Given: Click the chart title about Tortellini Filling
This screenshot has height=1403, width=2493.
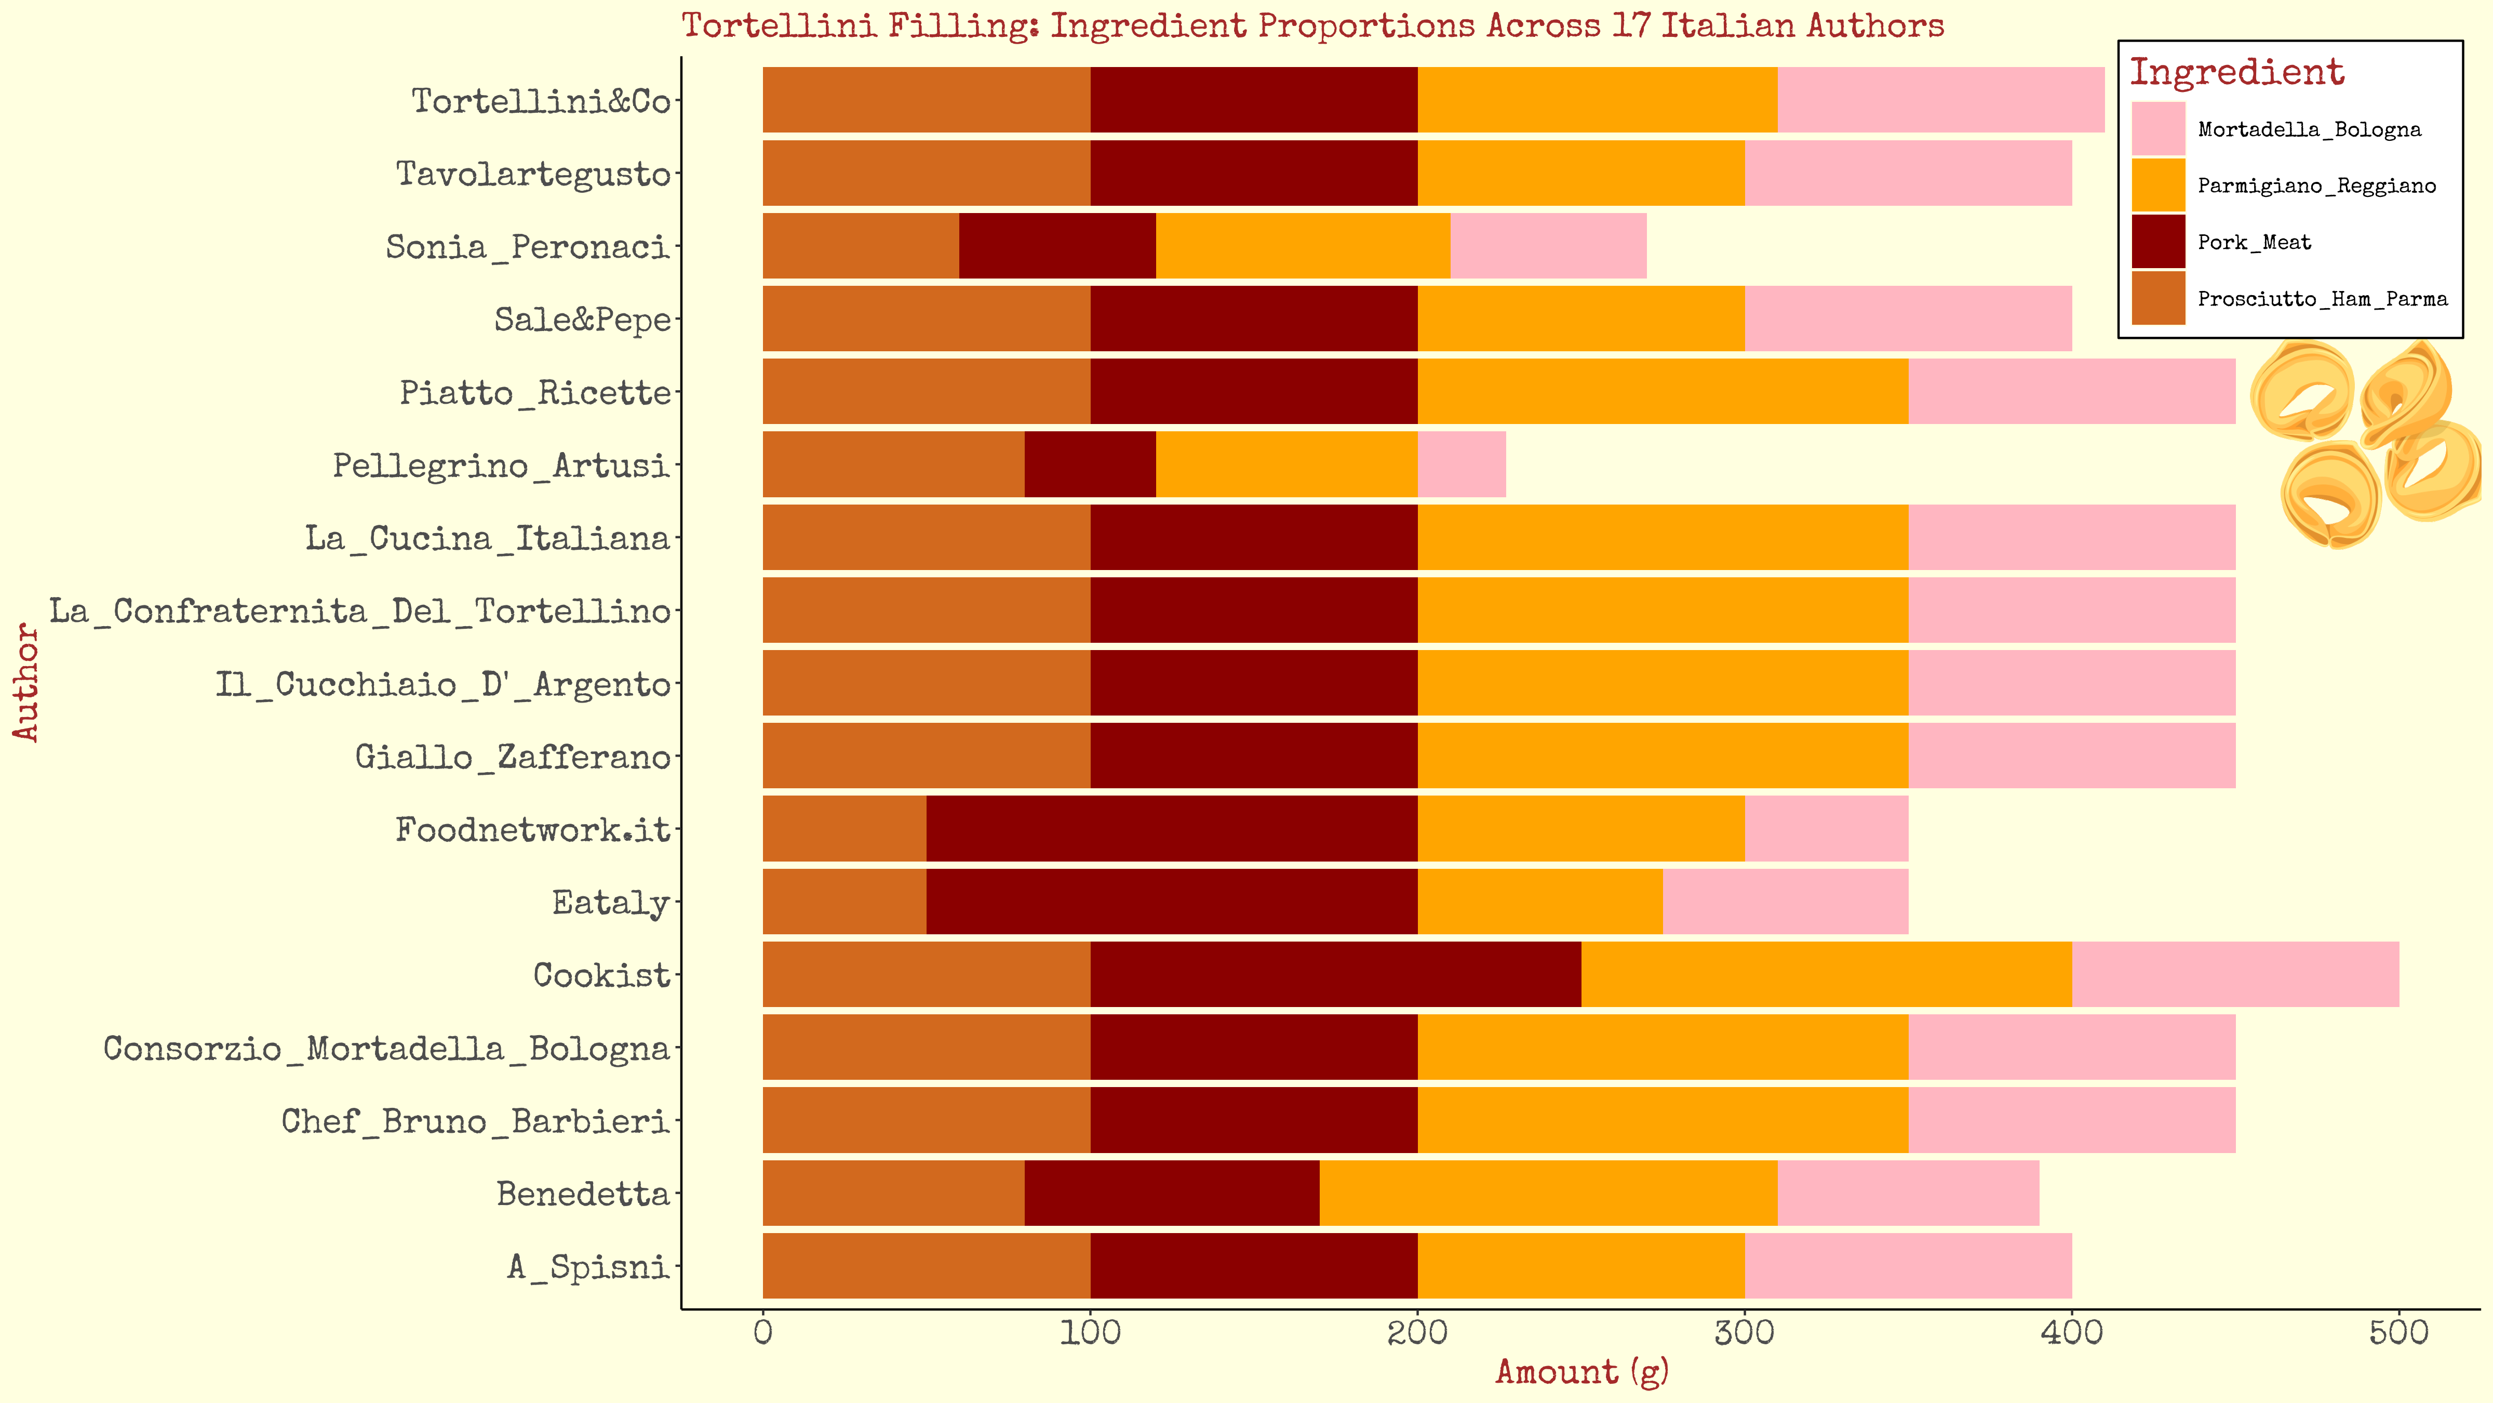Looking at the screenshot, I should click(1312, 25).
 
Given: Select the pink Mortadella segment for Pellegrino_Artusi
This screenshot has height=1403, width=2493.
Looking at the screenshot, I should click(1462, 465).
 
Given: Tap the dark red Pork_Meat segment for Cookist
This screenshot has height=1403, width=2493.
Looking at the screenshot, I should click(1335, 974).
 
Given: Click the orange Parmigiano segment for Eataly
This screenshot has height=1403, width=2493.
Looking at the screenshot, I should click(1540, 902).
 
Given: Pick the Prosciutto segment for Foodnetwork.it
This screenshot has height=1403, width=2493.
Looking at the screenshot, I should click(844, 829).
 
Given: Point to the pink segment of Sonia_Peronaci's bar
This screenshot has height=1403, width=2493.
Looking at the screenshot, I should click(1548, 246).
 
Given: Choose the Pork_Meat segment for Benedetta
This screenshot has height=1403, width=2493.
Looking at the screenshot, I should click(1172, 1193).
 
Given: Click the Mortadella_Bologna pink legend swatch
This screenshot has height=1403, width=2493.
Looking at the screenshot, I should click(2158, 129).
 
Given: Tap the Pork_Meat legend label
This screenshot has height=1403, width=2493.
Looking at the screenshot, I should click(2254, 242).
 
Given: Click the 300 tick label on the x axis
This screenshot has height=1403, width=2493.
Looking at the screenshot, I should click(1744, 1333).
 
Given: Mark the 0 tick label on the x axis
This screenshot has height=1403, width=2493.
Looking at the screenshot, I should click(762, 1333).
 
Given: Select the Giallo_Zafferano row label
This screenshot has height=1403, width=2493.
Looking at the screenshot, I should click(513, 756).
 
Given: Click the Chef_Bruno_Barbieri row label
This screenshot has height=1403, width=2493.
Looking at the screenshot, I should click(475, 1121).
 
